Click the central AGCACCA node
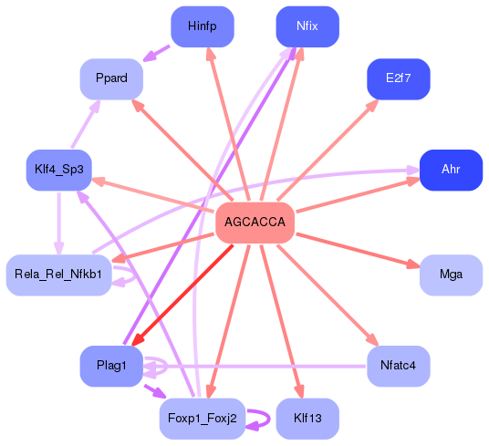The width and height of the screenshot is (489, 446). (255, 223)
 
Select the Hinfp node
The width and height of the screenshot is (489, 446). (203, 26)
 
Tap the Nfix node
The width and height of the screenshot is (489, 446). (307, 26)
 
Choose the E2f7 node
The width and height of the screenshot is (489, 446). (398, 78)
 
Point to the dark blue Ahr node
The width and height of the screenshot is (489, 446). (451, 171)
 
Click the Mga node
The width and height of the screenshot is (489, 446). (451, 275)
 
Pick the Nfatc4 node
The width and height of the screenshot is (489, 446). (398, 366)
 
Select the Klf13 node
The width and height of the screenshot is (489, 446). (307, 419)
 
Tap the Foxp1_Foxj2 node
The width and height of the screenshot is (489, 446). (203, 419)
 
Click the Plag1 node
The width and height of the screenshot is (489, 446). (112, 366)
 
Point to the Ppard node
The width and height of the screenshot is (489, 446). (112, 78)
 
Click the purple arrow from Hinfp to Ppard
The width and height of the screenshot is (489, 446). (157, 53)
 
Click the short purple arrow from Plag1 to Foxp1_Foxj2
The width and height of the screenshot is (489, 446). (151, 392)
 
